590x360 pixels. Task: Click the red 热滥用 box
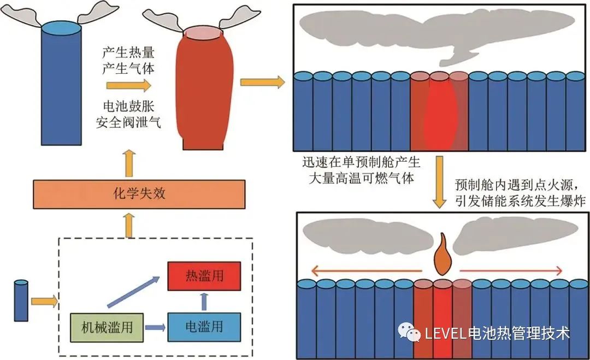(203, 276)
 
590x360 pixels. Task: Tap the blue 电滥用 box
(204, 327)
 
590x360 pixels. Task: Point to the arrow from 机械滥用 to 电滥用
(156, 328)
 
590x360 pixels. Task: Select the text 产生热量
(127, 54)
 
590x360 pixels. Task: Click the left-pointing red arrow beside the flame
(365, 269)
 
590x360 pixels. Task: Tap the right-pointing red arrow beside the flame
(511, 269)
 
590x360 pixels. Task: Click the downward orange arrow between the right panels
(440, 182)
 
